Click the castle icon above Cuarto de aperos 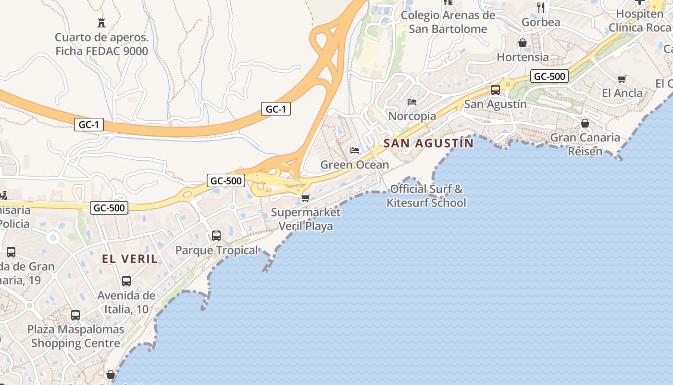(x=101, y=23)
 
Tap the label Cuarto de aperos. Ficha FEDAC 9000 (x=101, y=44)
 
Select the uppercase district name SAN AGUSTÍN (x=428, y=143)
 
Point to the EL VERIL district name (x=130, y=259)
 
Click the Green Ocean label (x=354, y=165)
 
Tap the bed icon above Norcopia (x=412, y=102)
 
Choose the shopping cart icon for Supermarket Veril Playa (x=305, y=198)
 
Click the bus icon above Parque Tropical (x=216, y=235)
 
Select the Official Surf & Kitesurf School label (x=426, y=196)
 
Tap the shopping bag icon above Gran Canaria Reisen (x=585, y=123)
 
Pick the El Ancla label (x=622, y=93)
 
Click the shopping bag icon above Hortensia (x=523, y=43)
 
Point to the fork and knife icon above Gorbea (x=541, y=7)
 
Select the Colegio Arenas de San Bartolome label (x=448, y=22)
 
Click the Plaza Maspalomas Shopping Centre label (x=75, y=336)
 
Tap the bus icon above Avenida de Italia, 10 (x=126, y=281)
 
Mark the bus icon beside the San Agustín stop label (x=495, y=90)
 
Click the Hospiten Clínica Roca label (x=639, y=21)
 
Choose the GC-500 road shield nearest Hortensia (x=549, y=76)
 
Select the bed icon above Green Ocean (x=355, y=151)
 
